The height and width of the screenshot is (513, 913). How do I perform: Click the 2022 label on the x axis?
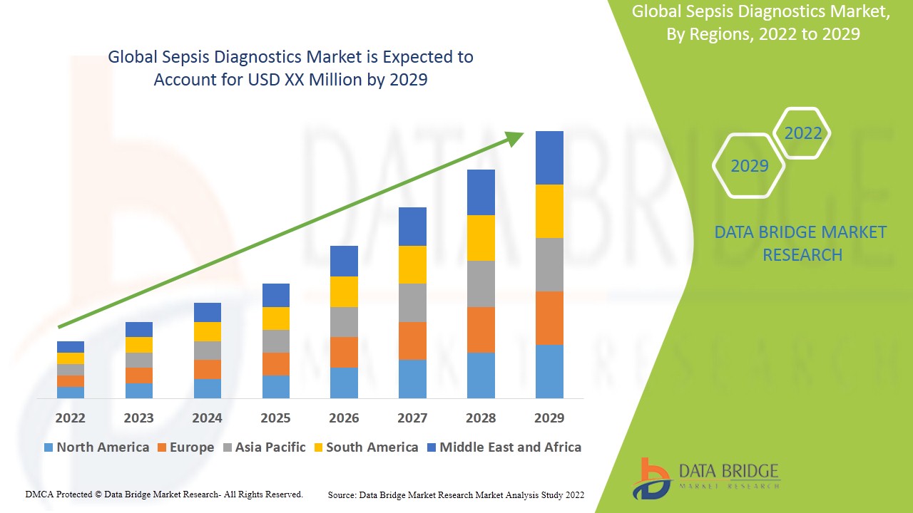[70, 418]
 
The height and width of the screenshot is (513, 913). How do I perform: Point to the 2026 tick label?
[344, 418]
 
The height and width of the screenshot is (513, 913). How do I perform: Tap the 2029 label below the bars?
[549, 418]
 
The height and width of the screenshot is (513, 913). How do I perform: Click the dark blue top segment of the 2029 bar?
[549, 157]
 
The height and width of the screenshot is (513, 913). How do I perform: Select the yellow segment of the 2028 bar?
[481, 237]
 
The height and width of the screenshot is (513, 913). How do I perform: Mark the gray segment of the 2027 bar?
[412, 302]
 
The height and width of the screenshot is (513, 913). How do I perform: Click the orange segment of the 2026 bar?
[344, 352]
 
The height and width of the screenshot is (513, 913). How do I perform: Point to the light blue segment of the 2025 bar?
[275, 386]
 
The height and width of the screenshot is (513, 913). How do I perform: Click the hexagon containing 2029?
[749, 165]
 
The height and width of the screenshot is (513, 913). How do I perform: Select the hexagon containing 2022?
[802, 133]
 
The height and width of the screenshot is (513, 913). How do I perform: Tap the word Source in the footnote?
[342, 494]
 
